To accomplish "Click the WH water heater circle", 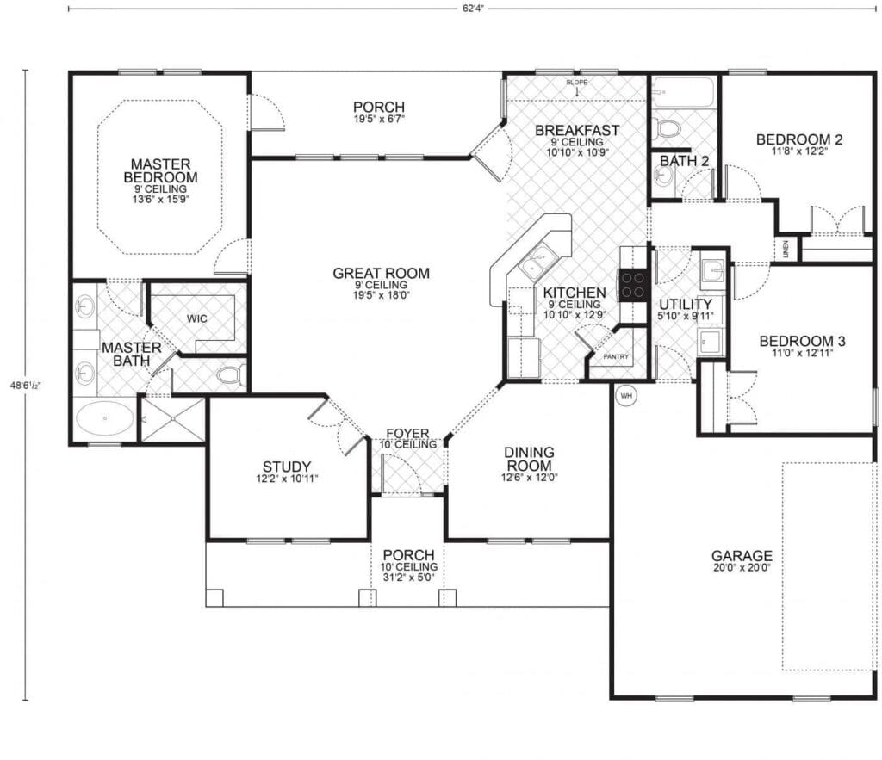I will [626, 396].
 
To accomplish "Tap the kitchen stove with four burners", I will [633, 284].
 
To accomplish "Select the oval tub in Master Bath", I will [105, 420].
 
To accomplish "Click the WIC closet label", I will [197, 318].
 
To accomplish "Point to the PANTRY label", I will [616, 356].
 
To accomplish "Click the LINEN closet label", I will [786, 249].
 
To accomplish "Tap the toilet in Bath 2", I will [667, 129].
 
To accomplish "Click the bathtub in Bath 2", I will [683, 92].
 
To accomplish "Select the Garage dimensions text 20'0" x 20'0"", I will [741, 568].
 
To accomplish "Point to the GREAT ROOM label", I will [381, 274].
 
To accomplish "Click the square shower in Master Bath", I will [173, 419].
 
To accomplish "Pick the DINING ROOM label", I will [529, 459].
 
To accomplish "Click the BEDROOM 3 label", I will [801, 342].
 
